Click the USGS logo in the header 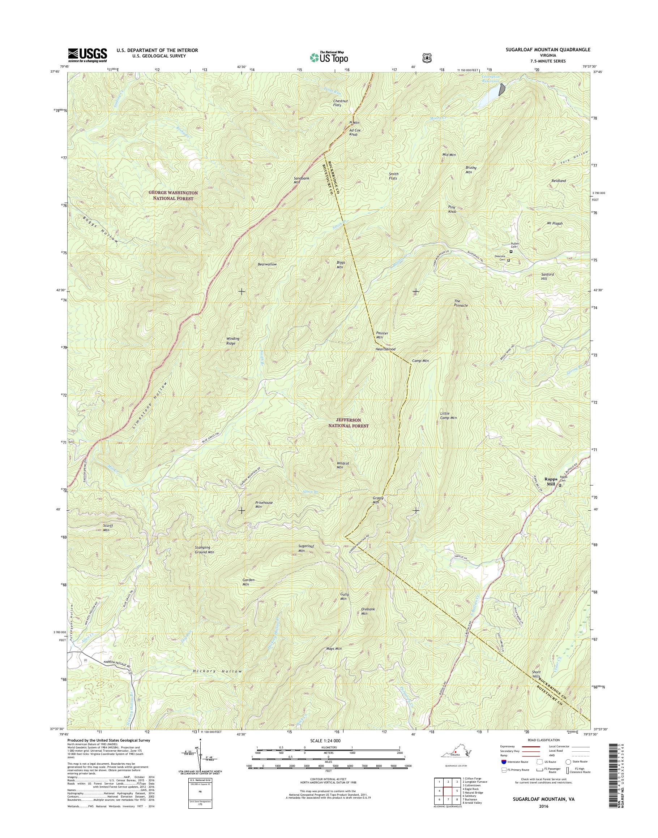click(x=87, y=55)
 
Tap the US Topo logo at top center click(x=329, y=57)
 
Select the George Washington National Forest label click(x=173, y=195)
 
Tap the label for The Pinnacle click(x=461, y=303)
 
